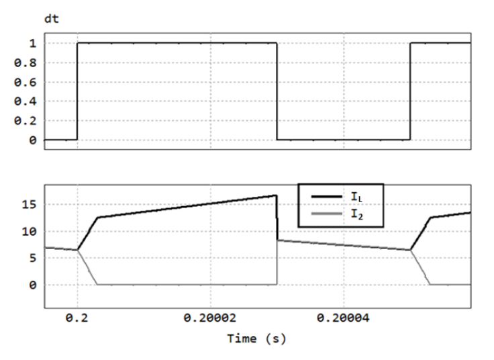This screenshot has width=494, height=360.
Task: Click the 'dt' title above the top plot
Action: [x=52, y=19]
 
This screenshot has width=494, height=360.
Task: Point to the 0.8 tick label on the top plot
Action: [x=26, y=63]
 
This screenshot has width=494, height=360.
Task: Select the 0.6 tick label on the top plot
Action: [x=26, y=83]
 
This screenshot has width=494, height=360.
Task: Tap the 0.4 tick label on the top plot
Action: [x=26, y=101]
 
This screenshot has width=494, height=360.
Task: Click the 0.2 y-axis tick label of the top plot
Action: [x=26, y=121]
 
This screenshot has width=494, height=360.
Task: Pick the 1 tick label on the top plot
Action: [x=33, y=44]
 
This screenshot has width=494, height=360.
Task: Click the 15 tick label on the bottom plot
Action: [x=29, y=205]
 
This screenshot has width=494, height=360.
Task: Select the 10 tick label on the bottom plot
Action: [x=29, y=232]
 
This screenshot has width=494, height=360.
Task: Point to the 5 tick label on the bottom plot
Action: [x=33, y=259]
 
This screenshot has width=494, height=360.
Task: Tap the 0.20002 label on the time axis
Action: [x=210, y=318]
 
